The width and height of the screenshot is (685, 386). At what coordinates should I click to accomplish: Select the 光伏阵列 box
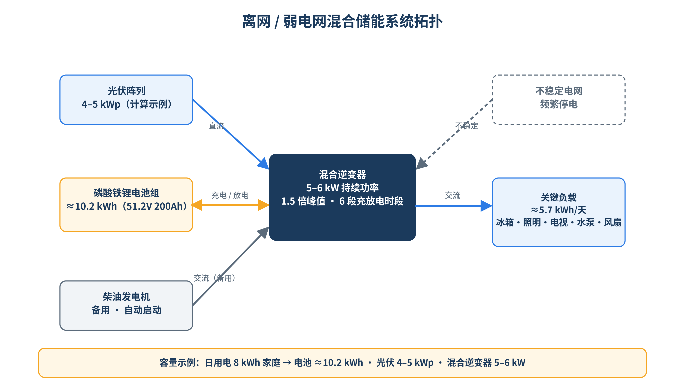tap(126, 100)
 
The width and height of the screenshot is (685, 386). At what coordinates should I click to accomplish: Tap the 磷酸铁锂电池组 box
tap(126, 205)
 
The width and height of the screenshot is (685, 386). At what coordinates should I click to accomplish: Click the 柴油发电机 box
tap(126, 306)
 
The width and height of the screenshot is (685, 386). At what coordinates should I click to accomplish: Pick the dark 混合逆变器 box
tap(342, 197)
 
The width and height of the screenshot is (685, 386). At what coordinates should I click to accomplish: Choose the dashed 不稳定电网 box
tap(558, 100)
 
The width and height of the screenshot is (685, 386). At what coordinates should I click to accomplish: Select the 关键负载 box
tap(558, 212)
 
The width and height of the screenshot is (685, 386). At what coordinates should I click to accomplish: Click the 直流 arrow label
tap(216, 126)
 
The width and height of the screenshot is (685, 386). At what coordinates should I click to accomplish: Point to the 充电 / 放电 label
tap(230, 195)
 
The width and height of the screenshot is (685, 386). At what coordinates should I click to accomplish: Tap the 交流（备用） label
tap(214, 278)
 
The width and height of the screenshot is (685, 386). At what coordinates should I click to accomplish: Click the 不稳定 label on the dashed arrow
tap(467, 126)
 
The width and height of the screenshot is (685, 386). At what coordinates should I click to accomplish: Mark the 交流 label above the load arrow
tap(452, 195)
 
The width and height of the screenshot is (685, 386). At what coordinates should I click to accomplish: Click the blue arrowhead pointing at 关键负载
tap(486, 206)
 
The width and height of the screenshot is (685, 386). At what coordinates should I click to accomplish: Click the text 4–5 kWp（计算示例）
tap(126, 104)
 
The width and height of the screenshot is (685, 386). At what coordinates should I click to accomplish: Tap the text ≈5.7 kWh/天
tap(558, 210)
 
